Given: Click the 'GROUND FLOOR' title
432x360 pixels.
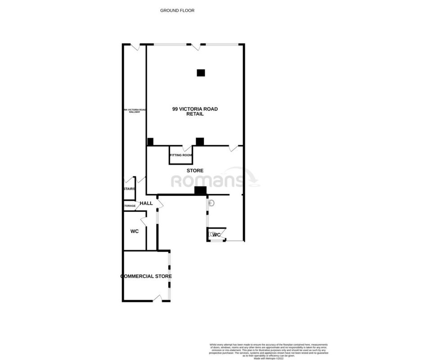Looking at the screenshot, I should tap(177, 10).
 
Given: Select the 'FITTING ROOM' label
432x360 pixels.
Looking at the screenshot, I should tap(181, 155).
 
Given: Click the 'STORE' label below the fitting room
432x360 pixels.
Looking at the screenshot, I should tap(195, 171).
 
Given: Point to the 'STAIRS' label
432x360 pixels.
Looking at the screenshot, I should tap(129, 189).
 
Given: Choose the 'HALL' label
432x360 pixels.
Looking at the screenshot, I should tap(146, 203).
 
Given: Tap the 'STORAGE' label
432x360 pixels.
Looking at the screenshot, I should tap(129, 206).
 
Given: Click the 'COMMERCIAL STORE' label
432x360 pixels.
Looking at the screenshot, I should tap(146, 276).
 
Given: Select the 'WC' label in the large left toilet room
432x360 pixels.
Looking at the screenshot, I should tap(134, 231).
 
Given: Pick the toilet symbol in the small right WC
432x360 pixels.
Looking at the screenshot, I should tap(211, 234).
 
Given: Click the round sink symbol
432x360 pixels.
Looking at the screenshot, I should tap(212, 203).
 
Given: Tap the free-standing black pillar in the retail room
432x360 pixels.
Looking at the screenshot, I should tap(201, 72).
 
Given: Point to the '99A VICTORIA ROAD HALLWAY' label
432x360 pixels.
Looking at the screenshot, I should tap(135, 111).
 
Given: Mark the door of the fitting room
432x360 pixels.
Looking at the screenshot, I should tap(186, 148).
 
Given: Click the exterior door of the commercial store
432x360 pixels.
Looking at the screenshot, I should tap(157, 298).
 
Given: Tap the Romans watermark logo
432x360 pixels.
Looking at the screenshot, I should tap(215, 180).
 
